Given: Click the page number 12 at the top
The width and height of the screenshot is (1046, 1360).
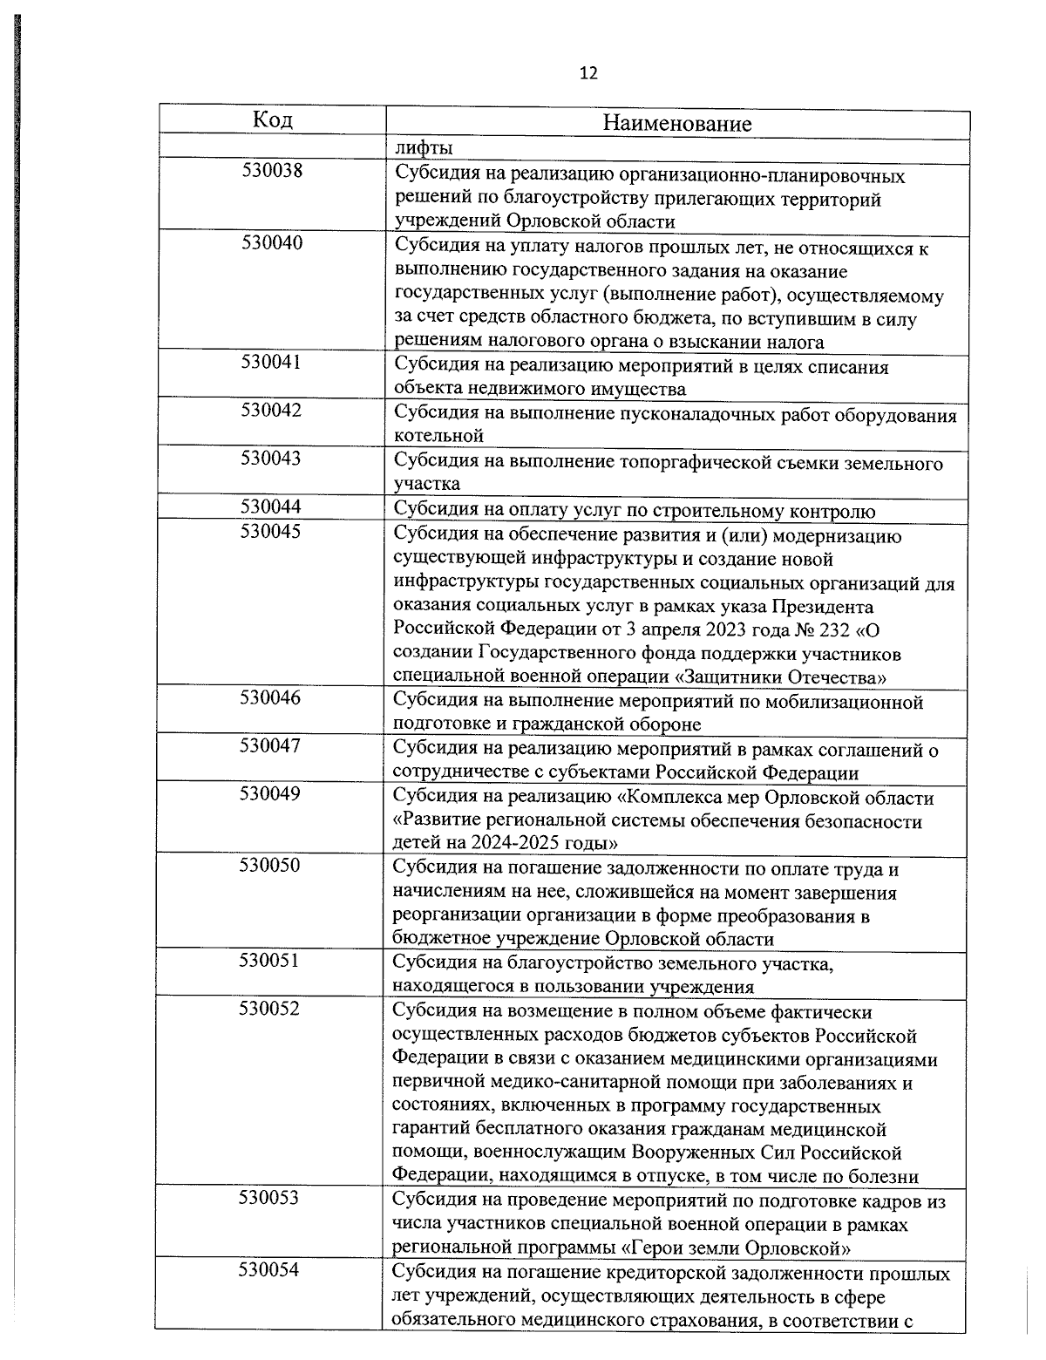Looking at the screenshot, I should (x=588, y=73).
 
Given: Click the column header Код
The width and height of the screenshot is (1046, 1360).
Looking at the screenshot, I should (x=272, y=120).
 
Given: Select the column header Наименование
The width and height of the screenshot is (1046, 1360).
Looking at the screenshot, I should (x=676, y=124).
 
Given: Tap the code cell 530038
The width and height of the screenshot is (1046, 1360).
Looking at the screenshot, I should (x=272, y=171).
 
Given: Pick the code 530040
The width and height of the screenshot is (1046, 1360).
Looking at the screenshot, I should (x=272, y=243).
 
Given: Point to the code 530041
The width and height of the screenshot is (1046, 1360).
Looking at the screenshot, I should (x=272, y=363).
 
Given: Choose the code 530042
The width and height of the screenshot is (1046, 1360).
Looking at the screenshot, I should (x=272, y=411).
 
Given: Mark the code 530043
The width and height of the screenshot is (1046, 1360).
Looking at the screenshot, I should (x=272, y=459).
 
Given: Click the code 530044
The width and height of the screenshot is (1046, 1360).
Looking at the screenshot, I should (x=272, y=507).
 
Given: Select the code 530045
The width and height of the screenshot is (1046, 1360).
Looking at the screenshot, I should (x=272, y=531).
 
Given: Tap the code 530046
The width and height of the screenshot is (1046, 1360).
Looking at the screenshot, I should (x=272, y=697).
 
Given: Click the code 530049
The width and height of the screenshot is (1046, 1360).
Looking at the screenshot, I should (x=272, y=793).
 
